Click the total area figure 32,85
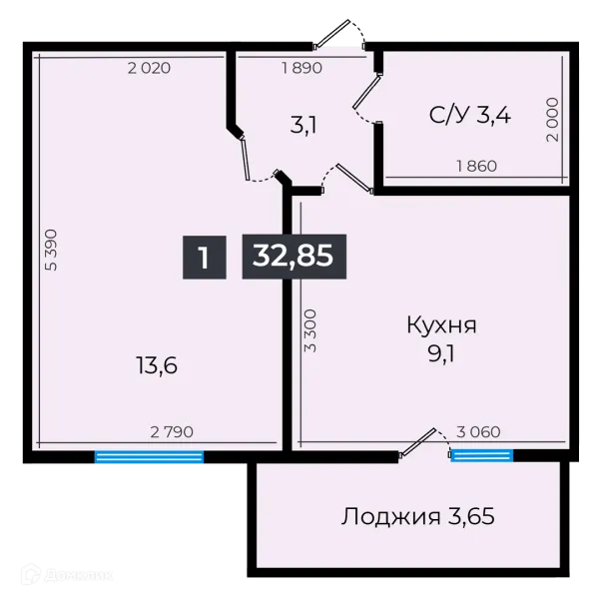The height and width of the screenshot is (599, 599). (x=295, y=257)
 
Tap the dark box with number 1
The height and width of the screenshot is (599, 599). (x=203, y=257)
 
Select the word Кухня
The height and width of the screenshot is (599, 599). (x=441, y=324)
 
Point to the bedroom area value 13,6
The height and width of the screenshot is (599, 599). (x=157, y=365)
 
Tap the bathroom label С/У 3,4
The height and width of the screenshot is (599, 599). (x=470, y=115)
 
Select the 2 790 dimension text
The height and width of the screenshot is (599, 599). (x=171, y=432)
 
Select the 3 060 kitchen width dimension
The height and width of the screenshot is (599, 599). (x=478, y=432)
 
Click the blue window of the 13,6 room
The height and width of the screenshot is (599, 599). (x=149, y=458)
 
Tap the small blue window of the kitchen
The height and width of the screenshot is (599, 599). (x=481, y=455)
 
